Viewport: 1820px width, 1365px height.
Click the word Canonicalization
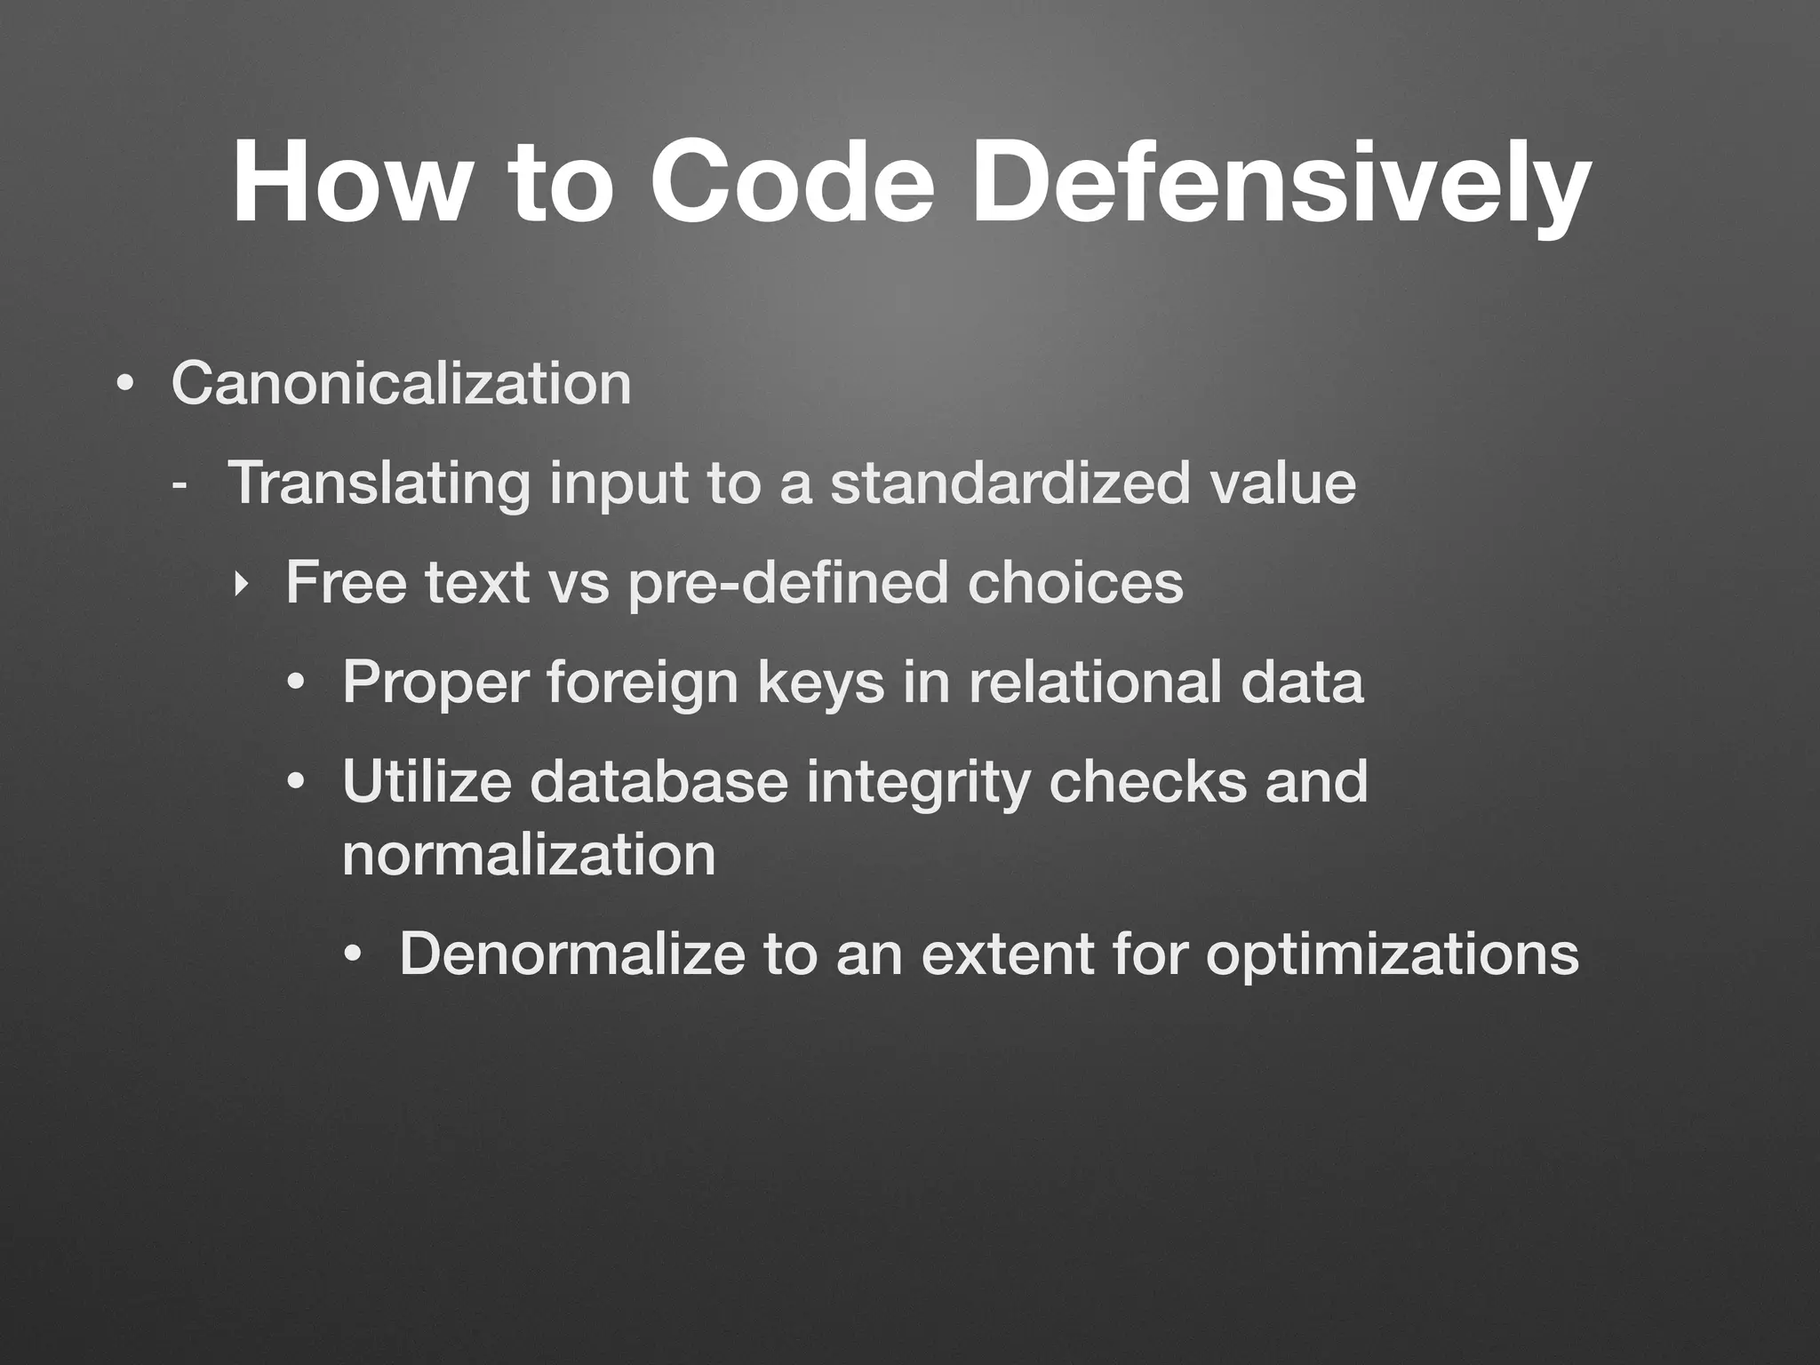click(x=401, y=384)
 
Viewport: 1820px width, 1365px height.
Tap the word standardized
click(x=1010, y=484)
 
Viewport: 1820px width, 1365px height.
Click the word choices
click(x=1075, y=584)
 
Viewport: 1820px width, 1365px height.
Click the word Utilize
click(x=427, y=782)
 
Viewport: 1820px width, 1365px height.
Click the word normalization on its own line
click(x=529, y=855)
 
